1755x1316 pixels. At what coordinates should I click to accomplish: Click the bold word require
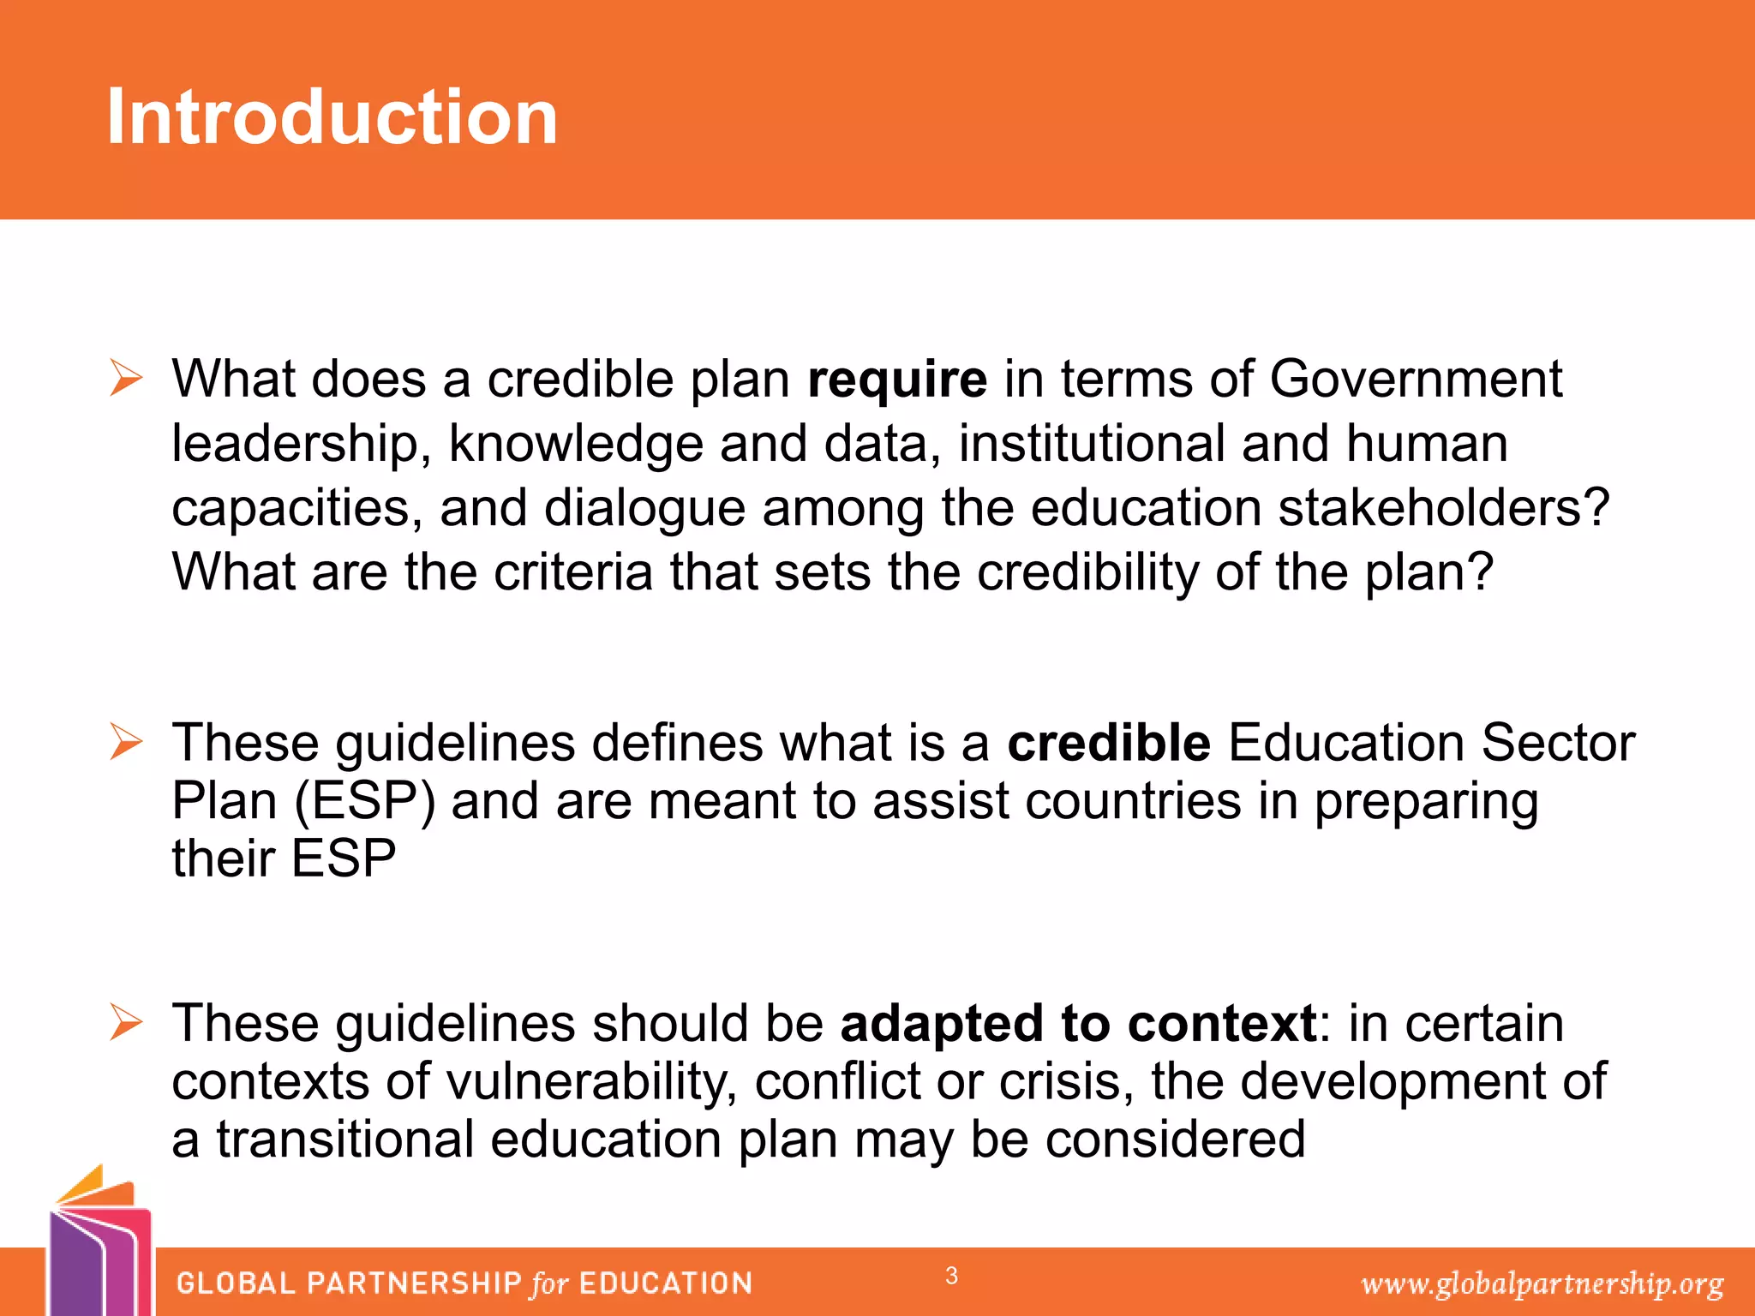tap(897, 380)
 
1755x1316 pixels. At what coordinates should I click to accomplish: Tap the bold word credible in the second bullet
tap(1108, 743)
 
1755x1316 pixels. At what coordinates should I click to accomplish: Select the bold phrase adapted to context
tap(1078, 1024)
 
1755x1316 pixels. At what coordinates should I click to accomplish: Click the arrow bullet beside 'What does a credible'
tap(126, 378)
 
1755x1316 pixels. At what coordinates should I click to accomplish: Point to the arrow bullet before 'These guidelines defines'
tap(126, 741)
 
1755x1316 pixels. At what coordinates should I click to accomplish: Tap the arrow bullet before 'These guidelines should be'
tap(126, 1022)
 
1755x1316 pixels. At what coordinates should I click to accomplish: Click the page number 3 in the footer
tap(951, 1276)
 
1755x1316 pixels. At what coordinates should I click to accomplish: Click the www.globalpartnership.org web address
tap(1542, 1283)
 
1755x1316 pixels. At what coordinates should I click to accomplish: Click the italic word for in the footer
tap(549, 1283)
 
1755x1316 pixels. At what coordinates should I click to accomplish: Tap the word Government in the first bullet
tap(1416, 380)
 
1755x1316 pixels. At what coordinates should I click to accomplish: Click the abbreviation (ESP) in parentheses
tap(365, 802)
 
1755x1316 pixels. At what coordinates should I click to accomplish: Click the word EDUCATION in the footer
tap(666, 1283)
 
